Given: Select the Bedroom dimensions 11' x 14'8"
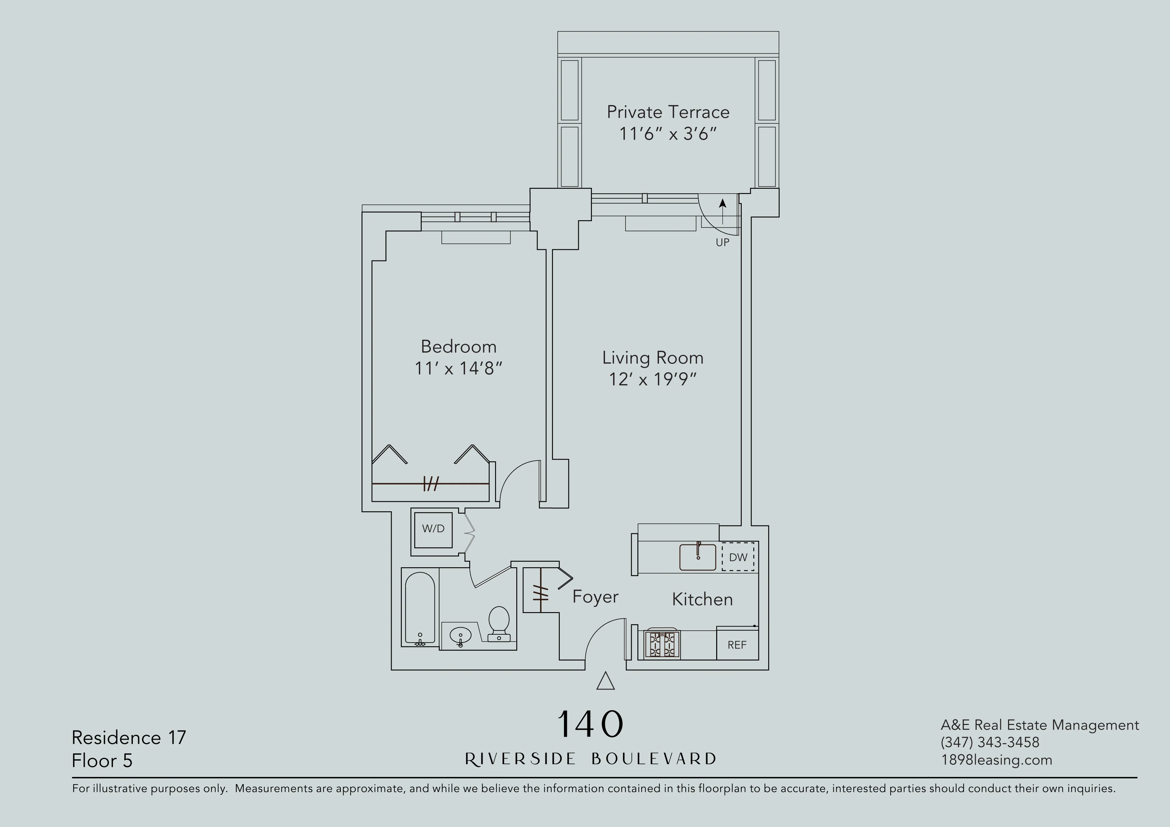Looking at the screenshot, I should tap(458, 368).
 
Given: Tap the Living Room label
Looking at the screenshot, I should tap(653, 358).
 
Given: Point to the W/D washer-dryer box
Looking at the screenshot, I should tap(433, 529).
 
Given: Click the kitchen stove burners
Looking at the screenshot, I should tap(662, 644).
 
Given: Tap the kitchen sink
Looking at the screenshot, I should tap(698, 557).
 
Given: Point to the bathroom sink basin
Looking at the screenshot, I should tap(460, 635).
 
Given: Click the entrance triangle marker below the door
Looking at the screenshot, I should tap(605, 681).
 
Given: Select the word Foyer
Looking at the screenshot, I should tap(595, 597).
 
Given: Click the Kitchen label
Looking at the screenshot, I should tap(702, 599).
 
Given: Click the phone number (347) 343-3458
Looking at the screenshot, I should tap(990, 742).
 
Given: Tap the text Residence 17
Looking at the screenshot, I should tap(129, 737).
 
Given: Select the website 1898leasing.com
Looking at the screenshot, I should tap(996, 760).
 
